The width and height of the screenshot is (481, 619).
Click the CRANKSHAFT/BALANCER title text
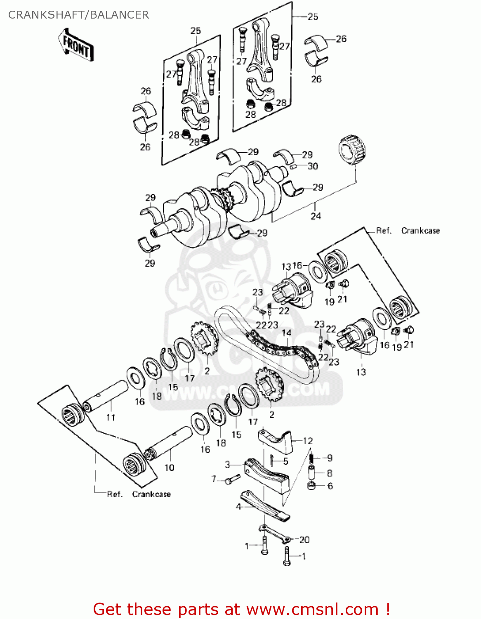pos(78,15)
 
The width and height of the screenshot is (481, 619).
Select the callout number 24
pos(316,216)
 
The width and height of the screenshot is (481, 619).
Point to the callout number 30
pos(313,166)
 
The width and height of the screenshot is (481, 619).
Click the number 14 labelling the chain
pos(286,333)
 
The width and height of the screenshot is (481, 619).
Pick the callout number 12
pos(308,441)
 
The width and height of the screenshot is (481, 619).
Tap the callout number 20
pos(304,539)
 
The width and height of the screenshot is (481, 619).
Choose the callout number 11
pos(111,417)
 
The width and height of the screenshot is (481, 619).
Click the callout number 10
pos(170,468)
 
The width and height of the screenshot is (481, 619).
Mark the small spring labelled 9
pos(312,458)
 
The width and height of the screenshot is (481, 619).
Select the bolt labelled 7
pos(232,480)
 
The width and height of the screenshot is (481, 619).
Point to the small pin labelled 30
pos(294,167)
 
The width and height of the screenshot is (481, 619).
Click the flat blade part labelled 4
pos(266,506)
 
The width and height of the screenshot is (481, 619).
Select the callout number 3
pos(227,465)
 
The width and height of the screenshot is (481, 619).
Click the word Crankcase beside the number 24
pos(420,231)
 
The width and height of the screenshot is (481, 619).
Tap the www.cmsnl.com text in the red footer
pos(312,609)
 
